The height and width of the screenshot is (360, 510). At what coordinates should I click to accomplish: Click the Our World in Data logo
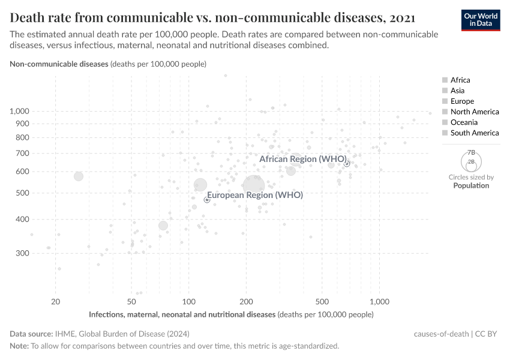point(480,19)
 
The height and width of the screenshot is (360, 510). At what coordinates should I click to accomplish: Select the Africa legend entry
point(460,80)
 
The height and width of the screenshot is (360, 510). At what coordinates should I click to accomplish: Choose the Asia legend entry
point(457,91)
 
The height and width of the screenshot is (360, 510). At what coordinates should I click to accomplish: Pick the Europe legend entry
point(462,101)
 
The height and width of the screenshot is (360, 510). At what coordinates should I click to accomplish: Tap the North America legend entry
point(474,112)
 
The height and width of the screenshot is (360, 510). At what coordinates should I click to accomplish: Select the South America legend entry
point(474,133)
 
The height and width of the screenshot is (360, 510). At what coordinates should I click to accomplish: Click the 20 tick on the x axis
point(56,301)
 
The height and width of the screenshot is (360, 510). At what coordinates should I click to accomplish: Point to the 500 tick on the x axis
point(322,301)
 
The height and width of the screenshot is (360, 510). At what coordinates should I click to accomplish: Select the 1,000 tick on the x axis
point(379,301)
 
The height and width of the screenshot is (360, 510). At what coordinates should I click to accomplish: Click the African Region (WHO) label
point(303,159)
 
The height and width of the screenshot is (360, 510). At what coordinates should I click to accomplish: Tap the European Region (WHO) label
point(254,195)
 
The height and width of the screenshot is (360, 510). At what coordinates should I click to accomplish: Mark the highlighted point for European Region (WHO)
point(207,200)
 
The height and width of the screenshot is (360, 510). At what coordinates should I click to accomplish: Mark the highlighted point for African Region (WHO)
point(347,164)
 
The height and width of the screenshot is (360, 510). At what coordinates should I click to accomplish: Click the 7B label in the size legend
point(472,153)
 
